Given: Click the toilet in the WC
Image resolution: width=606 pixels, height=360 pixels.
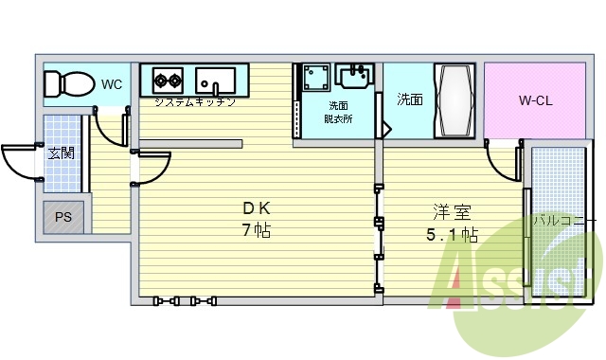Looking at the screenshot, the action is pyautogui.click(x=69, y=83).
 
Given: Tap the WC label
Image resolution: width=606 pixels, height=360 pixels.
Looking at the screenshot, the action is pyautogui.click(x=112, y=84).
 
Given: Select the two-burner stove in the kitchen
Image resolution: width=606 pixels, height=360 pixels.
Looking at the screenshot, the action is pyautogui.click(x=168, y=81).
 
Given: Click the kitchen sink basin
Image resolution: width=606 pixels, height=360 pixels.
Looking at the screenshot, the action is pyautogui.click(x=215, y=81).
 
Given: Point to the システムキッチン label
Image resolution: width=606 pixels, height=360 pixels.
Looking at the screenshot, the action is pyautogui.click(x=195, y=102).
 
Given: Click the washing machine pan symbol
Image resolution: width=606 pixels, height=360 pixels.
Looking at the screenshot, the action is pyautogui.click(x=316, y=78).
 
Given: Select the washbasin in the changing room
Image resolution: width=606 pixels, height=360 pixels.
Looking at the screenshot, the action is pyautogui.click(x=355, y=76).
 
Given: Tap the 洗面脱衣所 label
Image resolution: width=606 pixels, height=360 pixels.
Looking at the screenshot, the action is pyautogui.click(x=338, y=112).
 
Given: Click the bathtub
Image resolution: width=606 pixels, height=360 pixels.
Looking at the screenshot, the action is pyautogui.click(x=454, y=100).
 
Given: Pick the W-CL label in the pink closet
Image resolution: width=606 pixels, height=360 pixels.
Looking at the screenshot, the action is pyautogui.click(x=535, y=100).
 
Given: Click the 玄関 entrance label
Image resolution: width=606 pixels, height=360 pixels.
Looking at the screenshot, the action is pyautogui.click(x=61, y=153).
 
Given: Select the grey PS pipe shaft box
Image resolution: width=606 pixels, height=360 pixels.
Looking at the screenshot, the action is pyautogui.click(x=63, y=217).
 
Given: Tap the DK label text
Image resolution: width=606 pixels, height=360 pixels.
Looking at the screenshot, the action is pyautogui.click(x=257, y=208).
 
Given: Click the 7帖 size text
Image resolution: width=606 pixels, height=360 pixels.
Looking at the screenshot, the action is pyautogui.click(x=257, y=230).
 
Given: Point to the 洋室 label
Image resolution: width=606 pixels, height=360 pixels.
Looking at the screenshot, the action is pyautogui.click(x=452, y=211).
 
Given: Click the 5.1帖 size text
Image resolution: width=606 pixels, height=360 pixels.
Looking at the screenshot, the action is pyautogui.click(x=452, y=234).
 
